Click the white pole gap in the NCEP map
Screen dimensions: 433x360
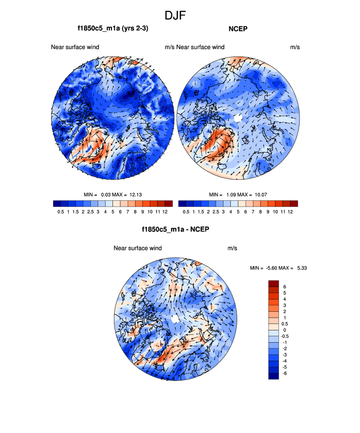point(238,118)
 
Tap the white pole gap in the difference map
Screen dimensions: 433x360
point(175,319)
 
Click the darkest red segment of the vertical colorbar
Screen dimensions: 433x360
point(274,283)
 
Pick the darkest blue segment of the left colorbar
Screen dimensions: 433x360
point(56,203)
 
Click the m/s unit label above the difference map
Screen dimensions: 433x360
point(232,248)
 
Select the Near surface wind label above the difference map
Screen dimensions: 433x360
point(138,248)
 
